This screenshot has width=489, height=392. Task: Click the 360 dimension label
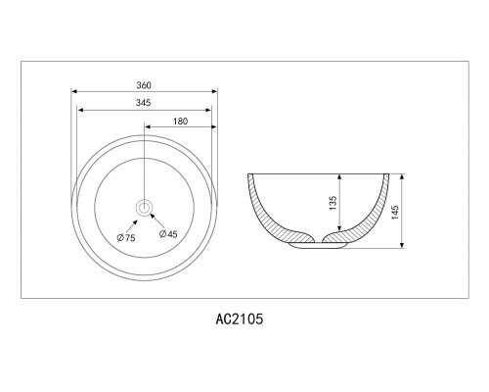click(144, 85)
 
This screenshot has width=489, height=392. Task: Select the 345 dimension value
click(144, 103)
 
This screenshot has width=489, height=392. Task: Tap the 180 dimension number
click(181, 122)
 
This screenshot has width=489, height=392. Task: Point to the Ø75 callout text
click(126, 237)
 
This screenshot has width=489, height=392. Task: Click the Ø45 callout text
click(168, 233)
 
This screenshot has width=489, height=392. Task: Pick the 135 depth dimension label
click(333, 203)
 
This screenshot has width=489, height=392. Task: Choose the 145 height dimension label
click(395, 213)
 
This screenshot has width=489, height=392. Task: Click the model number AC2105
click(240, 318)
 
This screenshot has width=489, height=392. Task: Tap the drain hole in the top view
click(144, 207)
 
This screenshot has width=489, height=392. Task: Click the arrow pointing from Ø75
click(131, 225)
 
